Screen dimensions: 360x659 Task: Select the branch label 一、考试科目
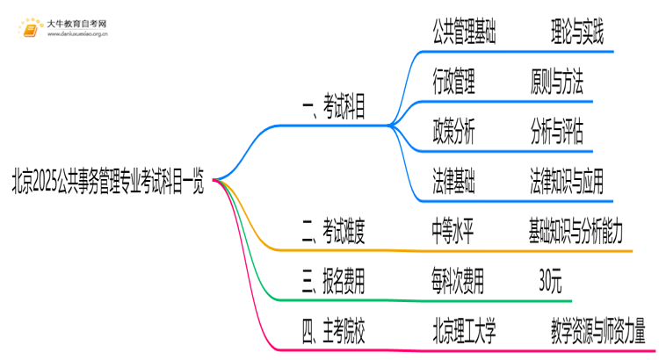point(333,108)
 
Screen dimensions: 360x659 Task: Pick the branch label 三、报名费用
point(333,283)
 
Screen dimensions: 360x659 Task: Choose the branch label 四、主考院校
point(333,333)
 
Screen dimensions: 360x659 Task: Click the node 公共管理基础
point(465,35)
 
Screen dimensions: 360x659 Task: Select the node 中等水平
point(454,234)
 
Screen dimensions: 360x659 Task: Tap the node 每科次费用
point(458,283)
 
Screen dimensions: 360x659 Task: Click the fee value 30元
point(551,283)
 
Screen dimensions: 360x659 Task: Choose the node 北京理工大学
point(465,333)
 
